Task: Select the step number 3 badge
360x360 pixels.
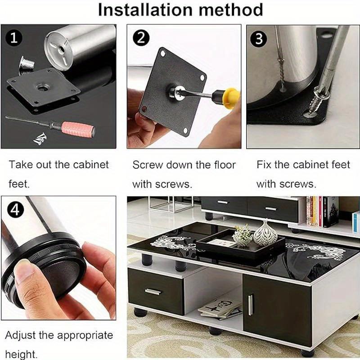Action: pyautogui.click(x=258, y=38)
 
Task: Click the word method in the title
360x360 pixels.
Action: pyautogui.click(x=234, y=9)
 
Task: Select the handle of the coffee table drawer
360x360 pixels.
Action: pyautogui.click(x=153, y=292)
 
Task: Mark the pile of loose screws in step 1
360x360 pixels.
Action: pyautogui.click(x=40, y=138)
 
